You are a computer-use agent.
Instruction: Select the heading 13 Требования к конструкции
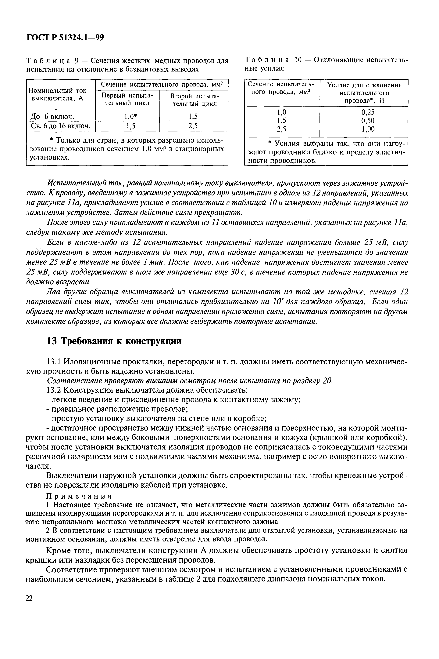tap(114, 341)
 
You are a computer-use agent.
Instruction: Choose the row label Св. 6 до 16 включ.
tap(60, 126)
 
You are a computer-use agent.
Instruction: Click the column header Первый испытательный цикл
tap(127, 100)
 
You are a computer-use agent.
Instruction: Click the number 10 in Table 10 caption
tap(298, 60)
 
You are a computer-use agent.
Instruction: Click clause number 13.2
tap(54, 390)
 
